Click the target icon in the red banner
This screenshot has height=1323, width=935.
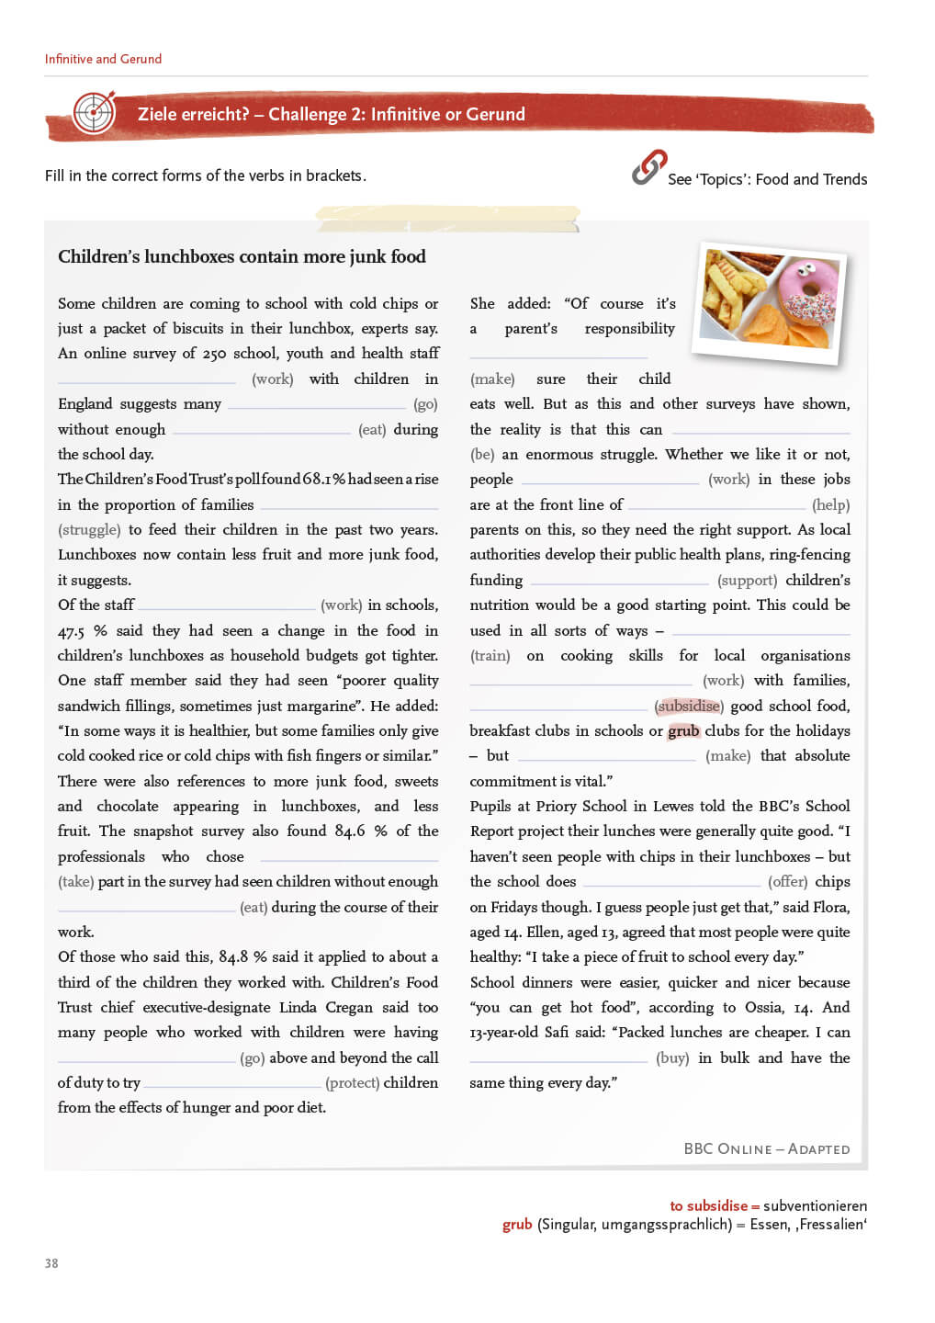pyautogui.click(x=94, y=113)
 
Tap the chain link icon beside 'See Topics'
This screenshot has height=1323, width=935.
pyautogui.click(x=648, y=167)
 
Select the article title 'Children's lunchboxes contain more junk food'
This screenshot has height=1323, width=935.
pyautogui.click(x=242, y=256)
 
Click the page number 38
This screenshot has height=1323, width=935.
pyautogui.click(x=51, y=1263)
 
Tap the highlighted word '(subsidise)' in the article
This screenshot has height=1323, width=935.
pyautogui.click(x=689, y=706)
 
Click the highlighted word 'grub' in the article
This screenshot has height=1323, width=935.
pyautogui.click(x=683, y=730)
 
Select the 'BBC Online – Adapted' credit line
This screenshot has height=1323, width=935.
pyautogui.click(x=767, y=1148)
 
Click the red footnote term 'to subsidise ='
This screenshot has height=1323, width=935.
pyautogui.click(x=715, y=1205)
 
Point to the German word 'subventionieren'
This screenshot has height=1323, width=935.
pyautogui.click(x=815, y=1205)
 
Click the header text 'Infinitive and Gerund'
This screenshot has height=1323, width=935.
pyautogui.click(x=103, y=59)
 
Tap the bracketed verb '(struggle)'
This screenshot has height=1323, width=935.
pyautogui.click(x=89, y=529)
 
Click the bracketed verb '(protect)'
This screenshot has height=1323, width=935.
pyautogui.click(x=352, y=1082)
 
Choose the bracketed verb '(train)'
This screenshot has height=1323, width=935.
pyautogui.click(x=490, y=655)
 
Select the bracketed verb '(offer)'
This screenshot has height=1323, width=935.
pyautogui.click(x=787, y=881)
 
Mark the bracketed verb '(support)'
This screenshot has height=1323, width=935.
pyautogui.click(x=747, y=580)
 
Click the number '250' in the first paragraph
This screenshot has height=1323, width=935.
pyautogui.click(x=214, y=354)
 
